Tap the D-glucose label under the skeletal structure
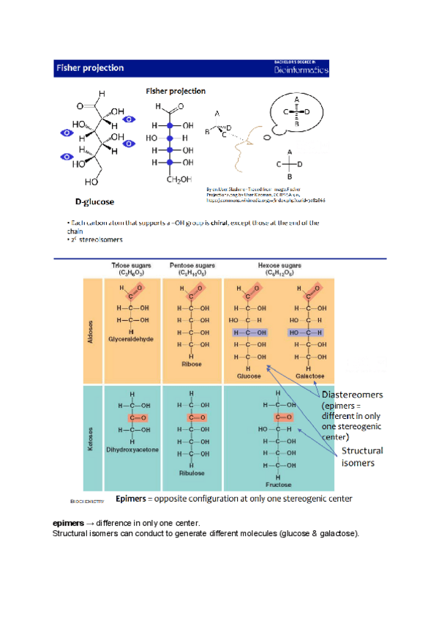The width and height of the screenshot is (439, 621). (94, 200)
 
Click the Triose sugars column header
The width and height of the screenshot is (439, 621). (132, 268)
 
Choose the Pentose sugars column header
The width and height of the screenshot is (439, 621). (191, 268)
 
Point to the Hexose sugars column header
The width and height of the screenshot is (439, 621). (280, 268)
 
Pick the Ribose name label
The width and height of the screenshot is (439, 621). (192, 363)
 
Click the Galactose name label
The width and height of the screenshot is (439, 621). (310, 376)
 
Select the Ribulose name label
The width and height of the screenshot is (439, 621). (192, 473)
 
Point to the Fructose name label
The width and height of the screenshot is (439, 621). (279, 484)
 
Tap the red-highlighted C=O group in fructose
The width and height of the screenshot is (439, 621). (279, 417)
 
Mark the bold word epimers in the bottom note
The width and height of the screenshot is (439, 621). (68, 523)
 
